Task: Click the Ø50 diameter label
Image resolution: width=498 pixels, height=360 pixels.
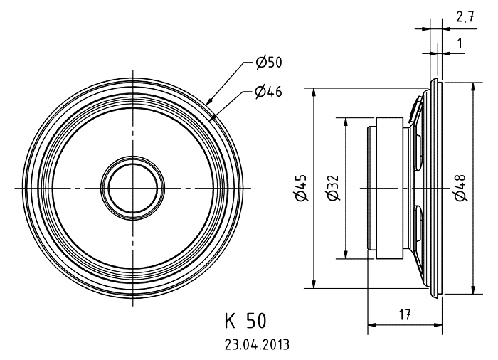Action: (269, 63)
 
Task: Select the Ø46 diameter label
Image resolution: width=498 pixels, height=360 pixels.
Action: (268, 92)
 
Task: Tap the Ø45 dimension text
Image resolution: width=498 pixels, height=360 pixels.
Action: (300, 188)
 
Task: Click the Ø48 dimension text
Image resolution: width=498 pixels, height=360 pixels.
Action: (460, 188)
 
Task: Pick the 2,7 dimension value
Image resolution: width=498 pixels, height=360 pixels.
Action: (465, 17)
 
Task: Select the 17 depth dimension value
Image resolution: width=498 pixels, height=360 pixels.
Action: (404, 314)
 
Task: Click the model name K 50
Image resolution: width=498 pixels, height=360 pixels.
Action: (245, 321)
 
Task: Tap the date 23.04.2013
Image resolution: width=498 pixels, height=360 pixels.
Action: (258, 344)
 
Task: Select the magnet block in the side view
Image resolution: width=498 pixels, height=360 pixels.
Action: (390, 188)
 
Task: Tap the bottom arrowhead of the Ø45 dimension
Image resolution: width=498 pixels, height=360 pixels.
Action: (314, 283)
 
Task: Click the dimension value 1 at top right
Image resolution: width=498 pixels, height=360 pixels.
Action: (460, 43)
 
